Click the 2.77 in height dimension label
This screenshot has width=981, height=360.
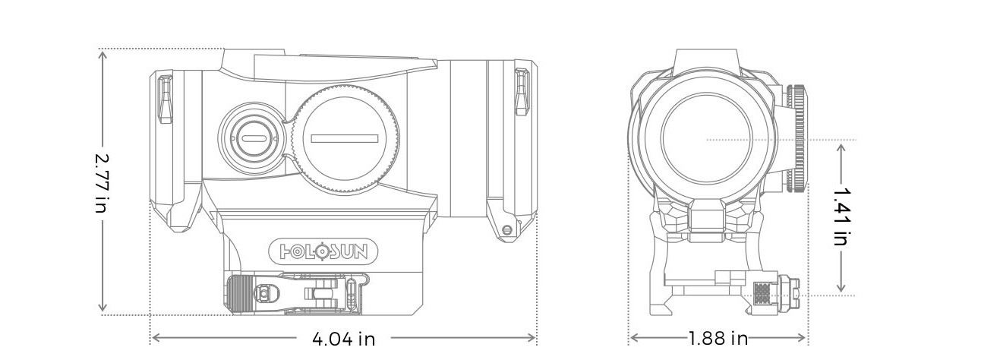(102, 183)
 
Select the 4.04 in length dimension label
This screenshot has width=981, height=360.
(344, 339)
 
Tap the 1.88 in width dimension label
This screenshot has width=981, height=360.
(718, 338)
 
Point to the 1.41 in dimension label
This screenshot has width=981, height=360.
(841, 216)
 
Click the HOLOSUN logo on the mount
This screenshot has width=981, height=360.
(323, 251)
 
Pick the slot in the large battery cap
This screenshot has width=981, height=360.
(344, 139)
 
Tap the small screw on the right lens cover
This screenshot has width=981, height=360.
(507, 229)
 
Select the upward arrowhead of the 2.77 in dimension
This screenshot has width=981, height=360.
(103, 55)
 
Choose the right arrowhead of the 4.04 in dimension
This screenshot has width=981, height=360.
(531, 338)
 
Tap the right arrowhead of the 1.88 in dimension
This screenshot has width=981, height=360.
(800, 338)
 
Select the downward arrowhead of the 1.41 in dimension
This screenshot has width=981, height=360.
(841, 287)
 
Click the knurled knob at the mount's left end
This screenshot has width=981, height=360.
(239, 294)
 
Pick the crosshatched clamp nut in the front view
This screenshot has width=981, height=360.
(763, 293)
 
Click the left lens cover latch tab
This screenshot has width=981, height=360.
(165, 99)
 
